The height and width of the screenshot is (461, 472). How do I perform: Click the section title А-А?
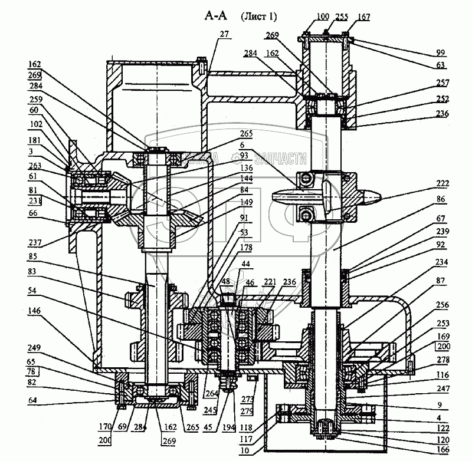pos(214,17)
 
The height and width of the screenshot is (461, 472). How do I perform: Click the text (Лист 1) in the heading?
pos(258,17)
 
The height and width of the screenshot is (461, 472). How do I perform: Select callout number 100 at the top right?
pos(322,17)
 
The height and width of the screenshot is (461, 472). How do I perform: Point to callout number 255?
pos(342,17)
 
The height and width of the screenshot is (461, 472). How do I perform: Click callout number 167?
pos(363,17)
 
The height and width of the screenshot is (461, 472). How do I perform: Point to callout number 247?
pos(444,389)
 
